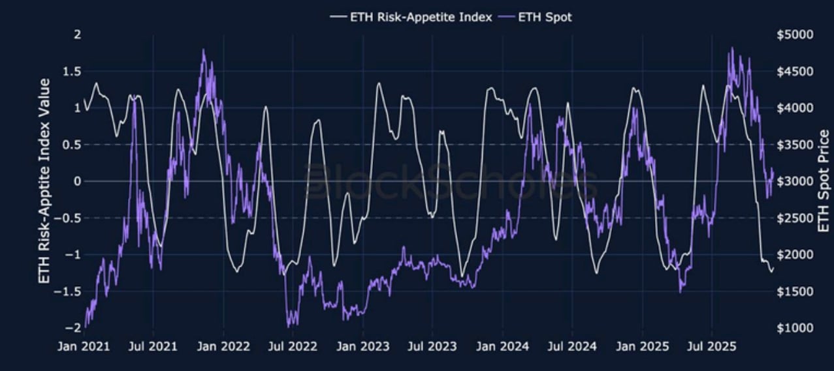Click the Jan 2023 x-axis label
click(363, 346)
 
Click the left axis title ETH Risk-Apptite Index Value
click(44, 181)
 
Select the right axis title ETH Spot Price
click(824, 181)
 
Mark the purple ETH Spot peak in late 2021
click(204, 50)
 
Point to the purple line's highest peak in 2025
click(731, 48)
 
